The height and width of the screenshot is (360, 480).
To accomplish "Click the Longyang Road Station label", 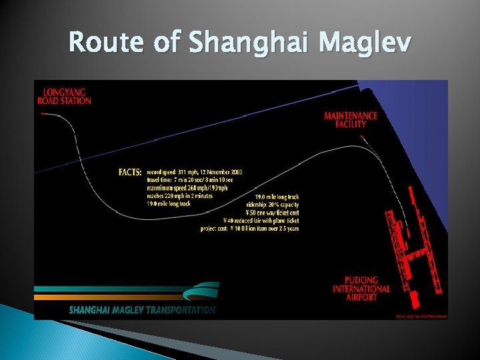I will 67,96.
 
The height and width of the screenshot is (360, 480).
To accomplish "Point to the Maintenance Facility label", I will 350,119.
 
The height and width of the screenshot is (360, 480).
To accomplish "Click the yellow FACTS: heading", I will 130,172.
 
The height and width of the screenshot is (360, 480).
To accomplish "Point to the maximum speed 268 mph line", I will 187,188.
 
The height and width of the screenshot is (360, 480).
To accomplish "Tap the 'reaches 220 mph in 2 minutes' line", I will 179,196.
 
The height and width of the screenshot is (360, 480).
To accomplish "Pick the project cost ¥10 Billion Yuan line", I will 249,229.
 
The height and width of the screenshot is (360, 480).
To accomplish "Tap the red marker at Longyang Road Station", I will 43,114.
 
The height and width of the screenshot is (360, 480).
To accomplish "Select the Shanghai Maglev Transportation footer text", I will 142,310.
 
